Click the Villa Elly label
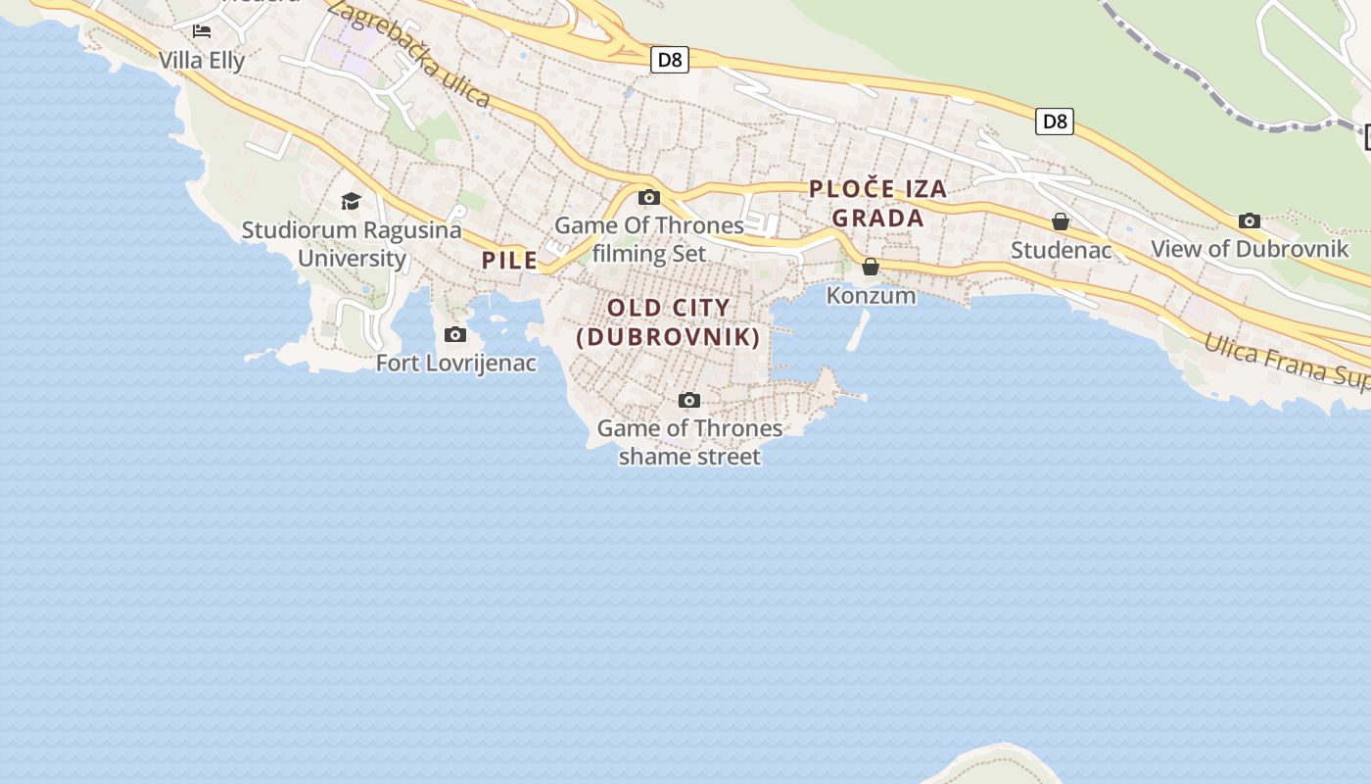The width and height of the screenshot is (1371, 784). point(202,60)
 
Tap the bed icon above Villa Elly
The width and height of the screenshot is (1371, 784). point(202,31)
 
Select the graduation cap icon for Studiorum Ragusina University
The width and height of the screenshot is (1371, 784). point(351,202)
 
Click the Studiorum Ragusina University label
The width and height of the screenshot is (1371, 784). point(352,244)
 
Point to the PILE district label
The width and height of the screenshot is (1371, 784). point(509,260)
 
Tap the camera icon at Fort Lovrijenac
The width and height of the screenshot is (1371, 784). point(455,335)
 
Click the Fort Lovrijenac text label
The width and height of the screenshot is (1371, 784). point(456,363)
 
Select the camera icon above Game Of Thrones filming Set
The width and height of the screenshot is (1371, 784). point(648,197)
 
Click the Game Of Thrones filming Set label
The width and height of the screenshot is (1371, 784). point(649,239)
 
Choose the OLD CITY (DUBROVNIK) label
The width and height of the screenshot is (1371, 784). point(669,322)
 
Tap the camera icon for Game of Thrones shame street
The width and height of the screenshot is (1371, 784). point(689,400)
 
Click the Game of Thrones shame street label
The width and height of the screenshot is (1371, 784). point(689,442)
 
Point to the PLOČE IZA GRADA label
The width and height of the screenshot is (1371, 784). point(878,203)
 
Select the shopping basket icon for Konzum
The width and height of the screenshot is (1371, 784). point(871,267)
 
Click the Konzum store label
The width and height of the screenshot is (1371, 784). point(871,295)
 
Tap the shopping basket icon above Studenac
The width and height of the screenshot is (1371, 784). point(1061,221)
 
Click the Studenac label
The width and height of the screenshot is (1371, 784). point(1061,250)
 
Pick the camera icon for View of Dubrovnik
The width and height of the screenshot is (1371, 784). point(1250,220)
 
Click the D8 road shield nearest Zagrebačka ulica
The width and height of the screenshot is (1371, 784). point(669,60)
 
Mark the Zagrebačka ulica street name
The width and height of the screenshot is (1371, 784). point(408,52)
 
